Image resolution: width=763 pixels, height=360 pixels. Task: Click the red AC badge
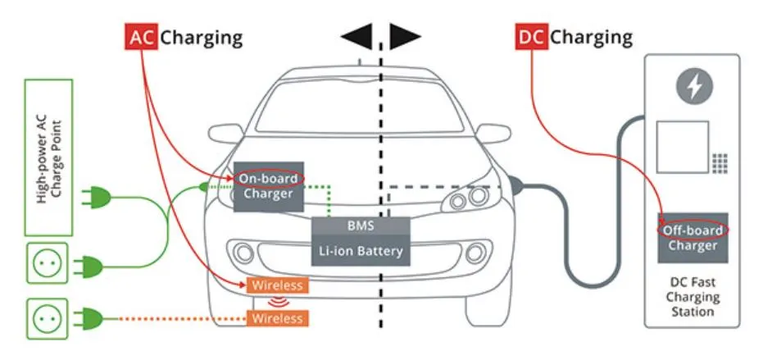click(x=141, y=37)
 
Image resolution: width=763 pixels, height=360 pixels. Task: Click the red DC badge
click(x=531, y=37)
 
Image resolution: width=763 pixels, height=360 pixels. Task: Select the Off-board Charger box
click(x=693, y=238)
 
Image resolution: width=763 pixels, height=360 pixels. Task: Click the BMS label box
click(x=361, y=226)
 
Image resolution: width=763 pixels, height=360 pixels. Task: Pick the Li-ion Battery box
click(x=361, y=251)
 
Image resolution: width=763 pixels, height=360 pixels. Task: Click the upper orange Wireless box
click(x=277, y=285)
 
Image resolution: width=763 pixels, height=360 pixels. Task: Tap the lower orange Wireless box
click(x=277, y=317)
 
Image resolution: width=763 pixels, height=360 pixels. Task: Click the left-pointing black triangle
click(x=357, y=36)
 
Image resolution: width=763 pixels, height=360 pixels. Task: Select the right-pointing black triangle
click(x=405, y=36)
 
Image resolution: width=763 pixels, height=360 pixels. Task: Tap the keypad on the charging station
click(x=720, y=162)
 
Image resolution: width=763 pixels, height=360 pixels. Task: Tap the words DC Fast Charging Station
click(x=693, y=297)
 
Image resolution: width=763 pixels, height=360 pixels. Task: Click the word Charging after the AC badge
click(x=202, y=37)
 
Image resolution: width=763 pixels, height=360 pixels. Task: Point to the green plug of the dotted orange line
click(x=89, y=317)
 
